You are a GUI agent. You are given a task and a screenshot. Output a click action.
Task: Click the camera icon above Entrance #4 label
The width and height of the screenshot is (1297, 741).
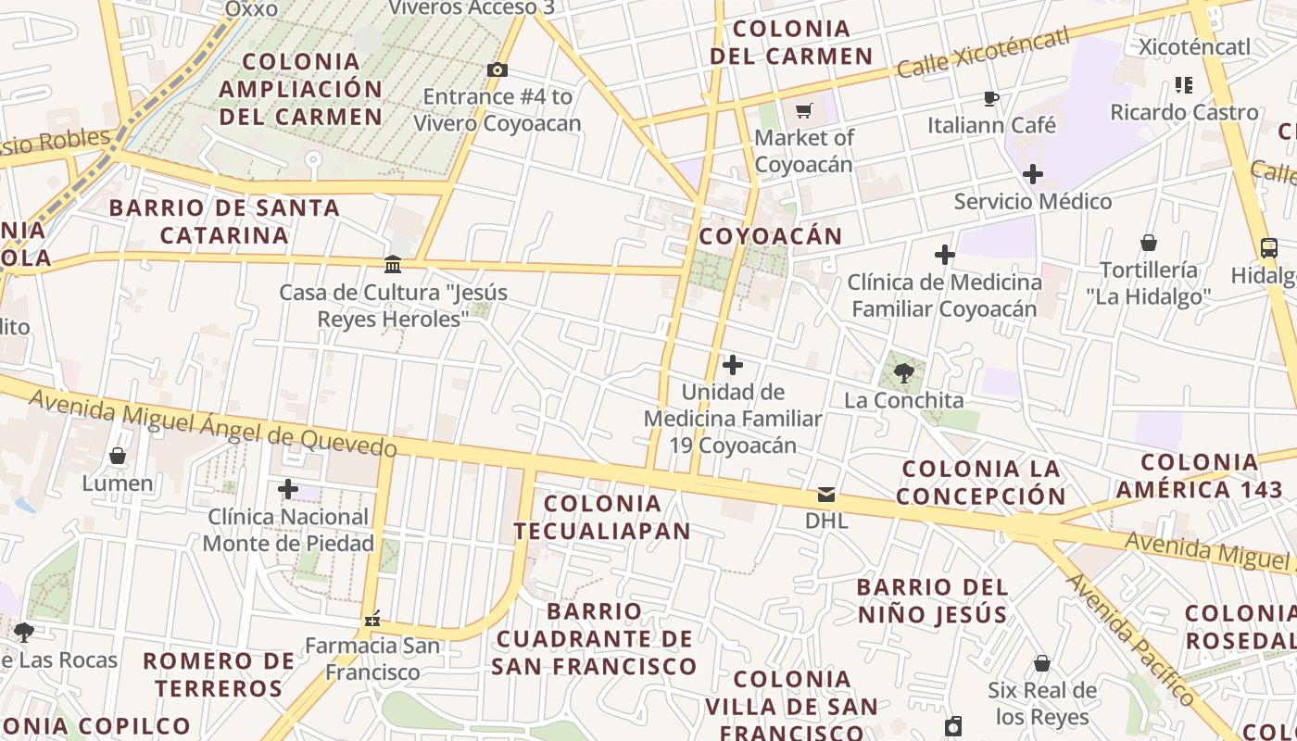(x=497, y=69)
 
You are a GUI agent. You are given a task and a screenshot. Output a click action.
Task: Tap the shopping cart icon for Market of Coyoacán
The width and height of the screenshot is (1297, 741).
(x=803, y=110)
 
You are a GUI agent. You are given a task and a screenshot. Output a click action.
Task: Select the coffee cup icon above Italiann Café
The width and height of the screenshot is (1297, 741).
(x=990, y=98)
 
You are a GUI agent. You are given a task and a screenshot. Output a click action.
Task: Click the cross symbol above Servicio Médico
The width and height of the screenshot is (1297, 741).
(x=1032, y=173)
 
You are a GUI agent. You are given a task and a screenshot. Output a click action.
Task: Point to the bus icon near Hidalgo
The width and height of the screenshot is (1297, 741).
(x=1269, y=248)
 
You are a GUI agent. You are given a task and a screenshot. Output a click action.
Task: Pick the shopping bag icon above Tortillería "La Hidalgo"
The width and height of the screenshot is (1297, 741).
(x=1149, y=244)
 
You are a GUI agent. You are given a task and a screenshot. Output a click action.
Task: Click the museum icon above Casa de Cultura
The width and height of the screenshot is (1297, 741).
(x=393, y=265)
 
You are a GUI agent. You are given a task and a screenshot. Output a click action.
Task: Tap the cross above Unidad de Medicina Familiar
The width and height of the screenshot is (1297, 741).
(x=732, y=365)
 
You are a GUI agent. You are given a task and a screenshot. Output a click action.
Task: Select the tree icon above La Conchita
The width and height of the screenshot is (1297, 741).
(x=904, y=373)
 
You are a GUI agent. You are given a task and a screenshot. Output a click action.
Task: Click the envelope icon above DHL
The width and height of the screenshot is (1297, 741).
(x=825, y=495)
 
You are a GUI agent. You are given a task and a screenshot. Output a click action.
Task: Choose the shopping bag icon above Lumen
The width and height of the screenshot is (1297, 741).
(x=118, y=456)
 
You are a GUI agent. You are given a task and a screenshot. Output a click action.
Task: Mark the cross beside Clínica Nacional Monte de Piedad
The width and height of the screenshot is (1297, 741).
(x=288, y=488)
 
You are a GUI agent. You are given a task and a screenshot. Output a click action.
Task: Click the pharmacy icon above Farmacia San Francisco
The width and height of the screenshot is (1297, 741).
(x=372, y=619)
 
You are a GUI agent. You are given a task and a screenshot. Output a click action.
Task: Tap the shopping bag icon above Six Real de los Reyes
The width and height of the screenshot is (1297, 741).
(x=1042, y=663)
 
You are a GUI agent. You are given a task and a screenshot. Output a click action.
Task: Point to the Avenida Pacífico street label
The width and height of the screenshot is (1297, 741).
(x=1130, y=639)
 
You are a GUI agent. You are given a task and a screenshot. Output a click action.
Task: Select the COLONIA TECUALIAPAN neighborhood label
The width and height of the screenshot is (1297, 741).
(x=602, y=517)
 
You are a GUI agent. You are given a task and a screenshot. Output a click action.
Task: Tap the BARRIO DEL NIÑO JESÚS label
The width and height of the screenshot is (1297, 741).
(x=932, y=600)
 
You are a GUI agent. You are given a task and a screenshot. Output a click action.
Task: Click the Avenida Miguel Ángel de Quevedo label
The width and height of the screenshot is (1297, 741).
(x=213, y=423)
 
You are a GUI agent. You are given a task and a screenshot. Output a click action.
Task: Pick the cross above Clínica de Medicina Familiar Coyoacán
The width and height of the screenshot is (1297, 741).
(x=944, y=254)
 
